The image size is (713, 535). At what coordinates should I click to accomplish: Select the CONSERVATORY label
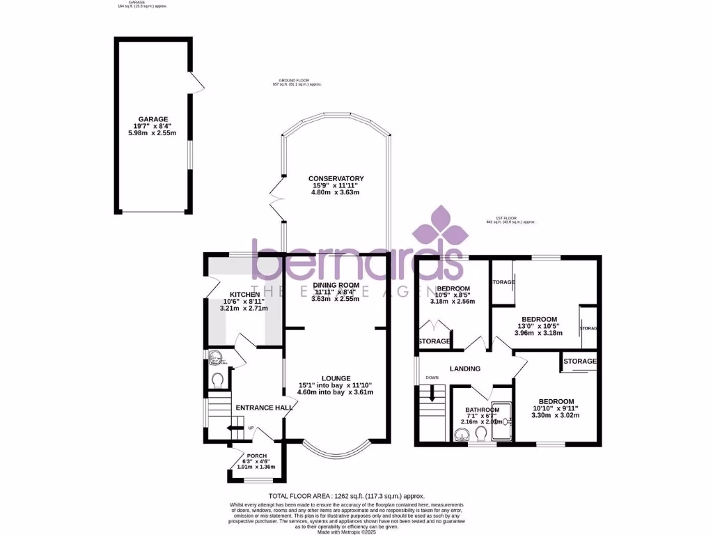coord(336,178)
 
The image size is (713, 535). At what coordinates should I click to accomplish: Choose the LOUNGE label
coord(336,378)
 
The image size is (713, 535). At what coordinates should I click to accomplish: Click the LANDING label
coord(464,369)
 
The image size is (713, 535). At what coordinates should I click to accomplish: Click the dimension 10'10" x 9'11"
coord(556,409)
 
